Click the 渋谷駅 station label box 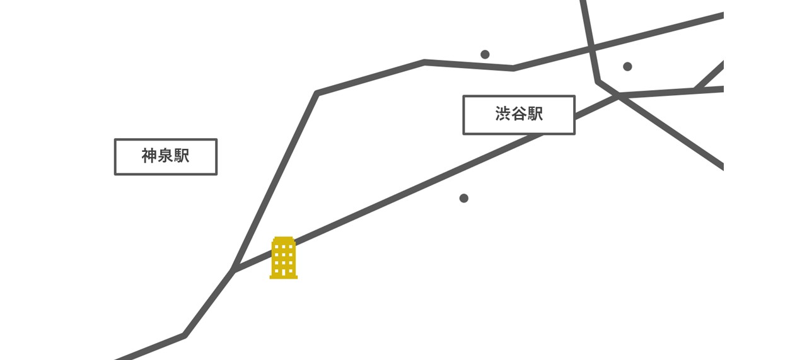point(518,115)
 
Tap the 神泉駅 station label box point(165,156)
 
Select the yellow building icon point(284,258)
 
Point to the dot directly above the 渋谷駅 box point(485,54)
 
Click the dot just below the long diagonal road point(464,198)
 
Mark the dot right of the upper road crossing point(627,66)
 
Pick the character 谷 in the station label point(519,114)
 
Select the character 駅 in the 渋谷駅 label point(535,114)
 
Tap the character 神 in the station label point(149,156)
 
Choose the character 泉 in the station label point(165,156)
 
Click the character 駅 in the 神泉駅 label point(182,156)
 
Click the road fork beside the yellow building point(234,270)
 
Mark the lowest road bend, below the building point(185,335)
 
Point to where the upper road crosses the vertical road point(591,47)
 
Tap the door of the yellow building point(284,272)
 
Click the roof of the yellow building point(284,239)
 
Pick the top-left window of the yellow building point(277,247)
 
